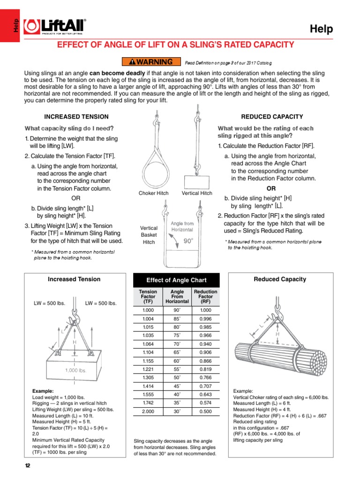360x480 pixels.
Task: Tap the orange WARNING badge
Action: (x=150, y=61)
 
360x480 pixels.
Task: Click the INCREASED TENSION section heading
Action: (x=76, y=117)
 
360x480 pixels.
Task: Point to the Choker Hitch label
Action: (x=153, y=193)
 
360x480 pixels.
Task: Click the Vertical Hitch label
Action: (x=197, y=193)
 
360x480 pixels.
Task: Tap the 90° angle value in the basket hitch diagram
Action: (x=188, y=240)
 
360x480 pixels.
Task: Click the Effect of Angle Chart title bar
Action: (x=176, y=280)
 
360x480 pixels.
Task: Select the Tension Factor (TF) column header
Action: (x=148, y=297)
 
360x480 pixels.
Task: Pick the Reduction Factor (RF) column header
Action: (x=205, y=297)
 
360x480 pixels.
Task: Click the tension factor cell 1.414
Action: (x=148, y=386)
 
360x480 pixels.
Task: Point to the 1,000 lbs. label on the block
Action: (x=76, y=370)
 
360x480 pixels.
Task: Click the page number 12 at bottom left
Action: (x=27, y=465)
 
